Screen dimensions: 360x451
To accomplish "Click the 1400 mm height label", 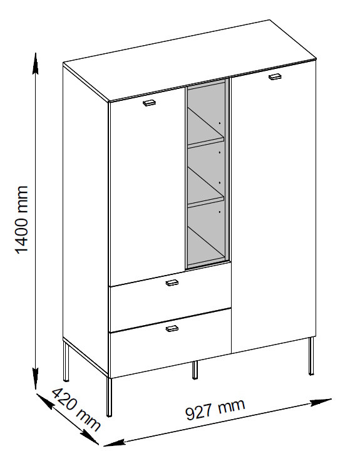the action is [x=22, y=220].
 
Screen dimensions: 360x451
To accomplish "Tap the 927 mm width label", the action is [x=215, y=409].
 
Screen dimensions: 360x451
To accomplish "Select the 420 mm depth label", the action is [x=76, y=409].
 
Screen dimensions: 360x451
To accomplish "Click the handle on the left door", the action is [x=149, y=103].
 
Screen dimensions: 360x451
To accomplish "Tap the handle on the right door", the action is [x=275, y=76].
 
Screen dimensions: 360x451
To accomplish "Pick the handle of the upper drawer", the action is [x=172, y=283].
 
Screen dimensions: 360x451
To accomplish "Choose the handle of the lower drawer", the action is [x=172, y=328].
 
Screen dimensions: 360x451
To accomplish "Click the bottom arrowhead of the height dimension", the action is [x=35, y=378].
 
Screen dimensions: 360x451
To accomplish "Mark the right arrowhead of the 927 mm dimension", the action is [x=321, y=402].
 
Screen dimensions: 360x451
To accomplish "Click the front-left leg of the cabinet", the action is [x=109, y=397].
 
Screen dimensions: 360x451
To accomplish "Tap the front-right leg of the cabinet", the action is [x=311, y=356].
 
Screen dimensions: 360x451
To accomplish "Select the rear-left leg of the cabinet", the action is [x=66, y=362].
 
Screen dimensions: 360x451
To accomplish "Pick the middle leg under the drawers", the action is [x=195, y=370].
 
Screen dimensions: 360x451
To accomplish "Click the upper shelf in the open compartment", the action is [x=206, y=142].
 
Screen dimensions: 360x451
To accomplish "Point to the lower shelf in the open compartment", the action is [x=206, y=200].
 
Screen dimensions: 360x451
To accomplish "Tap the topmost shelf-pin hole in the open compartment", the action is [x=219, y=123].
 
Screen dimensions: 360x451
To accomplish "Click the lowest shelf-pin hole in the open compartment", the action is [x=219, y=212].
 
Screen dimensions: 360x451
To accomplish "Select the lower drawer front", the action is [x=171, y=343].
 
